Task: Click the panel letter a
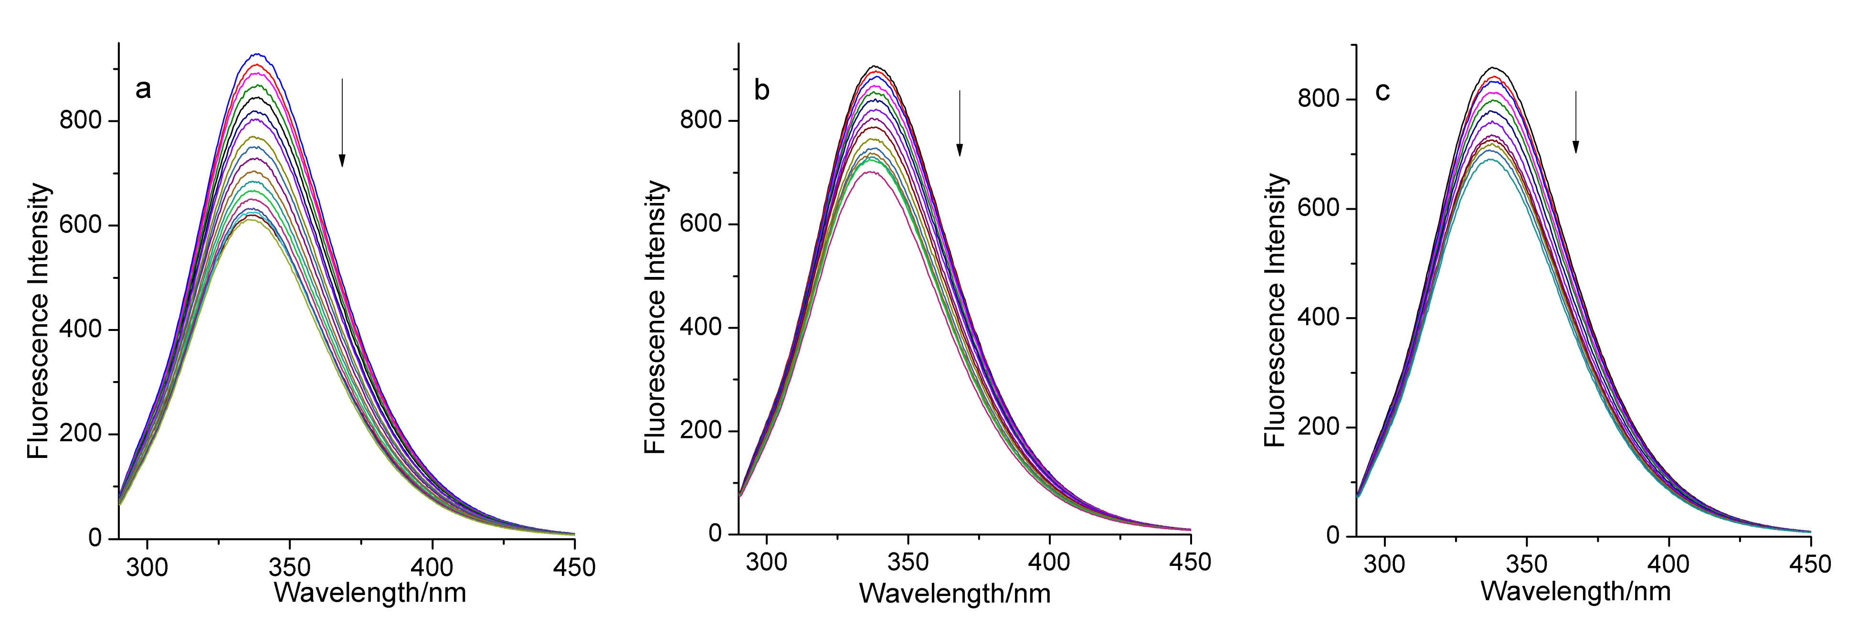(x=143, y=90)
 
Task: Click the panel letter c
(x=1382, y=92)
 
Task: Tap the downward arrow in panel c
(x=1575, y=121)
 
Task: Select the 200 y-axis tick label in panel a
(x=80, y=434)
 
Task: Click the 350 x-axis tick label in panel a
(x=289, y=567)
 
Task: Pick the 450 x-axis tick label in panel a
(x=574, y=567)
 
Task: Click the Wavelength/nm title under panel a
(x=370, y=593)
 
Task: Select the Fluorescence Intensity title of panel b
(x=655, y=317)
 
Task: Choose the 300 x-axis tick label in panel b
(x=766, y=562)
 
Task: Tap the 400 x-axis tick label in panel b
(x=1049, y=562)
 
